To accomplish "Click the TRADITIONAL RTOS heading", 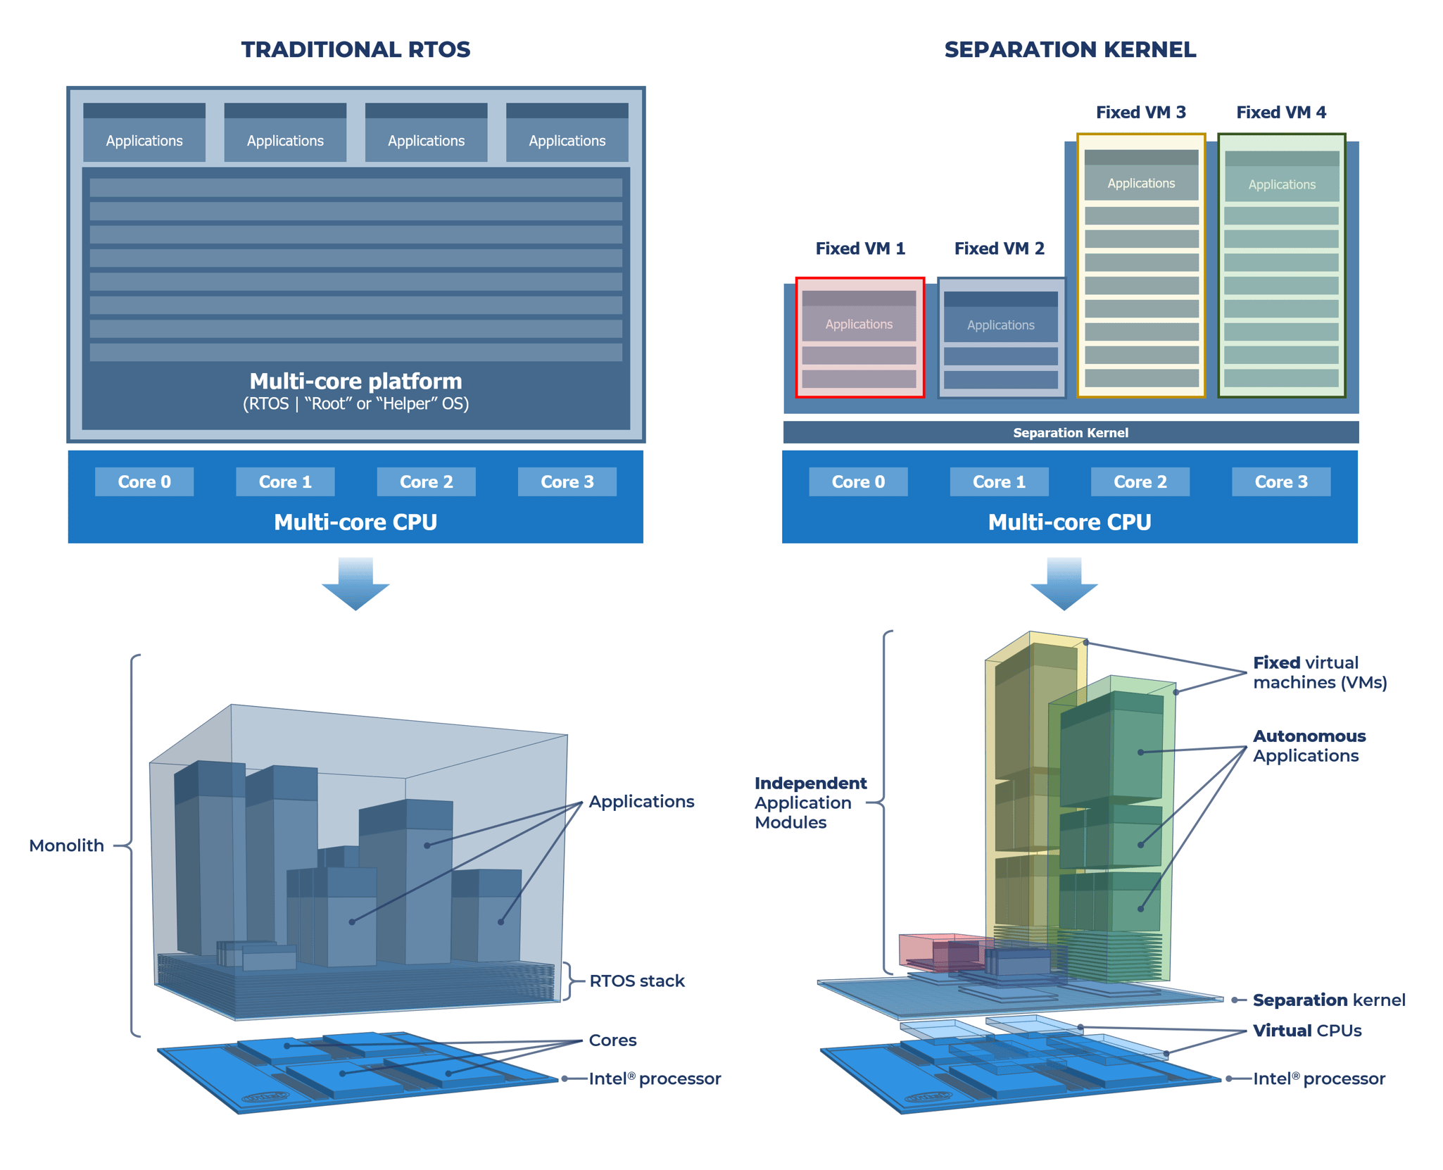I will [355, 50].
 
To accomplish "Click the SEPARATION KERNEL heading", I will [1069, 50].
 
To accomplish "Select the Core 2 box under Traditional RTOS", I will [426, 482].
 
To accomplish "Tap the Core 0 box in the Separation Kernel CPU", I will [857, 482].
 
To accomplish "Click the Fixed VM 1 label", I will [859, 249].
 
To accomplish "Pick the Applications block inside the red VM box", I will [859, 324].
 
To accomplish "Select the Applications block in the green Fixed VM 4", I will [1281, 184].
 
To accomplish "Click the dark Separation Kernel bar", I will [1070, 432].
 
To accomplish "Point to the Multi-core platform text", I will [355, 382].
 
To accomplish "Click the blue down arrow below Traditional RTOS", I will [355, 584].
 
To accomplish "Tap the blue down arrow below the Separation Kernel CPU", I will [1064, 584].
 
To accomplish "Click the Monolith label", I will [66, 845].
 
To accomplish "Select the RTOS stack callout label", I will [636, 981].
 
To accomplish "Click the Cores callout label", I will [612, 1040].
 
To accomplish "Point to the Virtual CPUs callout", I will [1306, 1031].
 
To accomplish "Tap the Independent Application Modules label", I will [809, 803].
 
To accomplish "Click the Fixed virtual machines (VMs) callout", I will [1319, 672].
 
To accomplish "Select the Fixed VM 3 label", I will [1140, 113].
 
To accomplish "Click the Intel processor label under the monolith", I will [654, 1078].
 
